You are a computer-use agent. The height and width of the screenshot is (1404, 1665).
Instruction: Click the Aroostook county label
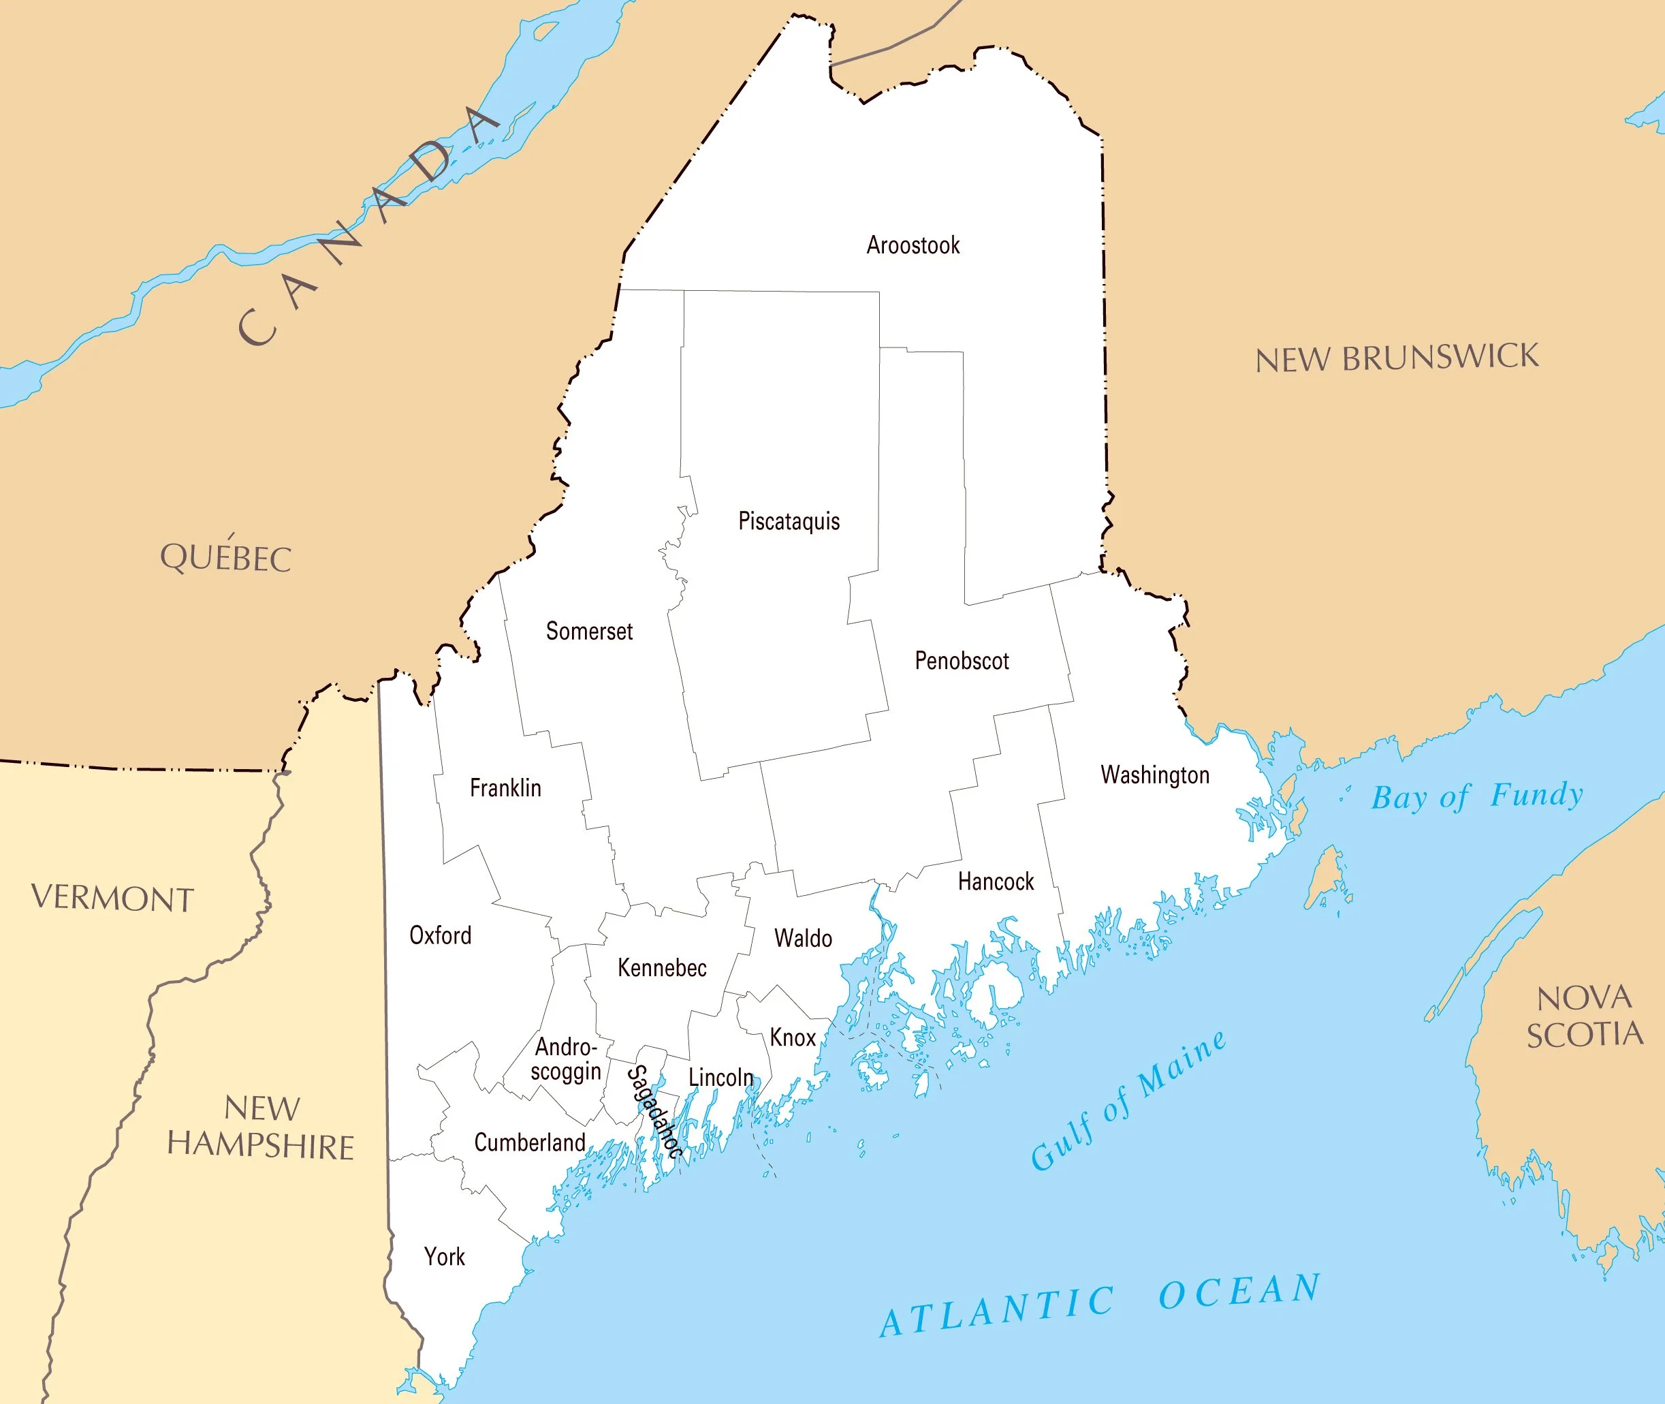(x=913, y=245)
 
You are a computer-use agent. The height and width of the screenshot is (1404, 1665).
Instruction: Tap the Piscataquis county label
(x=789, y=521)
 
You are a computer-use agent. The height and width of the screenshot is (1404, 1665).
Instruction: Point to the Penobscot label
(x=961, y=661)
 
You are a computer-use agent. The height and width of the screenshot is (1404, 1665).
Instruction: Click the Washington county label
(x=1154, y=775)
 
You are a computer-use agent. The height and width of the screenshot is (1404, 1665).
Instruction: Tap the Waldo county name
(x=803, y=939)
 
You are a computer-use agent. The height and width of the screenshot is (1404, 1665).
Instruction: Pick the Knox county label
(x=793, y=1037)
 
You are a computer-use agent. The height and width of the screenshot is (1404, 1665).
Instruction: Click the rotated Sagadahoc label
(x=654, y=1112)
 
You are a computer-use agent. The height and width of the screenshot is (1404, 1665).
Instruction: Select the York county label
(x=444, y=1257)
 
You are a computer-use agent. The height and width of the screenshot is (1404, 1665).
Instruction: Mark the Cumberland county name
(x=530, y=1142)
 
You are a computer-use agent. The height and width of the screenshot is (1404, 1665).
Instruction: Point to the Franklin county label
(x=505, y=788)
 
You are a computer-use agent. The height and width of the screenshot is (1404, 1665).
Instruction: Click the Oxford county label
(x=440, y=935)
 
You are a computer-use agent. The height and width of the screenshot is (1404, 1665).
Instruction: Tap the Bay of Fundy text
(x=1477, y=796)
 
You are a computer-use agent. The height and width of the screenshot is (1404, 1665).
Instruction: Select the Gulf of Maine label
(x=1128, y=1100)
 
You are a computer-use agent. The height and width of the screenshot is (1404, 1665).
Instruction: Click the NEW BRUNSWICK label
(x=1397, y=358)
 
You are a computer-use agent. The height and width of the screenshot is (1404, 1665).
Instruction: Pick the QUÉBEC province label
(x=226, y=557)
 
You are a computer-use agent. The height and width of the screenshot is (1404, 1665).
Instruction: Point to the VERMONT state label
(x=112, y=899)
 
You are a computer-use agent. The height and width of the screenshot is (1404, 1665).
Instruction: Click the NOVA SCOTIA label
(x=1584, y=1016)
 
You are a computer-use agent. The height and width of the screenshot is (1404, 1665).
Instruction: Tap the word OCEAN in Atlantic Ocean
(x=1239, y=1292)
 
